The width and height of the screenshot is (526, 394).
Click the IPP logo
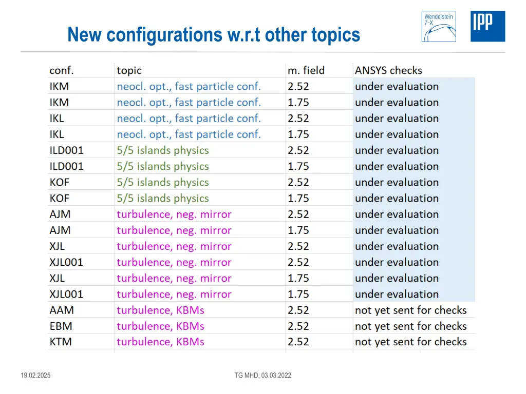(487, 26)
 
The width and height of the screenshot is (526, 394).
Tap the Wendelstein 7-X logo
(438, 26)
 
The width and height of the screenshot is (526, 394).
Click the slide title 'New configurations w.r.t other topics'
(214, 35)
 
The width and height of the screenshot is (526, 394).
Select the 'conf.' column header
(62, 70)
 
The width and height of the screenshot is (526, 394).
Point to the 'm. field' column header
(306, 70)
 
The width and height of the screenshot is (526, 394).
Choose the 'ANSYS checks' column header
(388, 70)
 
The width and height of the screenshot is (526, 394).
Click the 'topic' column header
(129, 70)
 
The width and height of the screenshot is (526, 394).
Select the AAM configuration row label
(62, 310)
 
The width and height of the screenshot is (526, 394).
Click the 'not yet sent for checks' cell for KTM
(410, 342)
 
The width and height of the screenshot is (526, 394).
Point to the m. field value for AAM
(298, 310)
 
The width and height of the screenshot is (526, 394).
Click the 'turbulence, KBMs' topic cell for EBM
(160, 326)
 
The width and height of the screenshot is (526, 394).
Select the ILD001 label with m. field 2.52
(66, 150)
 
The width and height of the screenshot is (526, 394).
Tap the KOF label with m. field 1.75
(60, 199)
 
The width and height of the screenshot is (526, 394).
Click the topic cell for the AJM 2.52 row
(174, 214)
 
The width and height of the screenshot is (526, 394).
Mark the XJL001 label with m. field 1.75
(66, 294)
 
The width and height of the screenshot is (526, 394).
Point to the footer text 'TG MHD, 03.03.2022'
(262, 376)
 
